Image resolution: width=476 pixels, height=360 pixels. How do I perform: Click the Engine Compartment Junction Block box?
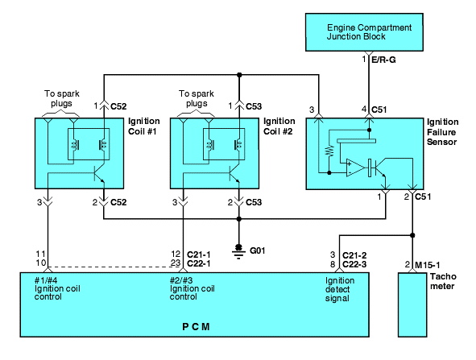(364, 32)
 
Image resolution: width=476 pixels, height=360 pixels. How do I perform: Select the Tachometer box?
(412, 304)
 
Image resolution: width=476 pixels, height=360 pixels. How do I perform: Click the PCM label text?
(196, 327)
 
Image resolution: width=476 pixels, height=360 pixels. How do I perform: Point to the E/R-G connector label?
(383, 60)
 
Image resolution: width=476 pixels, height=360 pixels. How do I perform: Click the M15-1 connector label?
(427, 265)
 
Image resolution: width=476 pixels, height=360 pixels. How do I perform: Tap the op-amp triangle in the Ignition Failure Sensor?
(355, 168)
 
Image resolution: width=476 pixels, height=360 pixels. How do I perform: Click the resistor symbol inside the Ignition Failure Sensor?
(329, 151)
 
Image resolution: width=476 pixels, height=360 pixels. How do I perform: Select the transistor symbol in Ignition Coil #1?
(99, 173)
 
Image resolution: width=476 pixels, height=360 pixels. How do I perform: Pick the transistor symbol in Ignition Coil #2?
(234, 173)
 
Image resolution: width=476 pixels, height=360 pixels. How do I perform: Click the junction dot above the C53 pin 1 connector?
(239, 75)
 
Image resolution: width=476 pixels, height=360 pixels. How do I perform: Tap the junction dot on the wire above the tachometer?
(412, 235)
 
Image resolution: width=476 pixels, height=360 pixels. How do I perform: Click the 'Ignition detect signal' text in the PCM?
(340, 289)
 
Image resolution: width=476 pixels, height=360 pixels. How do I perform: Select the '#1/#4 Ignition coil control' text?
(57, 288)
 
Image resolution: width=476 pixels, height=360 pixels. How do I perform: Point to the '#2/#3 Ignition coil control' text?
(192, 288)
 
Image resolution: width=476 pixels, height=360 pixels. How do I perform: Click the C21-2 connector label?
(354, 255)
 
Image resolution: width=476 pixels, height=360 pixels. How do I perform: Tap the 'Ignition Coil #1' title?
(144, 126)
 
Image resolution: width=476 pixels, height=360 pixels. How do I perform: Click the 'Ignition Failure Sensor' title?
(443, 132)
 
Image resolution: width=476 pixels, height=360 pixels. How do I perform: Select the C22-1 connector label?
(199, 263)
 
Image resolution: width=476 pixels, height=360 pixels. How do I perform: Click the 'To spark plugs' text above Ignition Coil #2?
(197, 98)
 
